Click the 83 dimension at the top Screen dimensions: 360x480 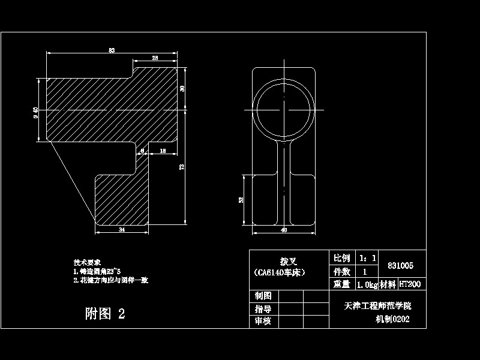(112, 50)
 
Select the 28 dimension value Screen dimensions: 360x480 (155, 58)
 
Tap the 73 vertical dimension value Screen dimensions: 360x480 (181, 167)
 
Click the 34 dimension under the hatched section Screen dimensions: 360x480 (122, 229)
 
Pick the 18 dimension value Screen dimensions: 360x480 (163, 151)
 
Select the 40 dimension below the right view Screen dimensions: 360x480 (284, 229)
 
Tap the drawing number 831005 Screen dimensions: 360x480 (401, 265)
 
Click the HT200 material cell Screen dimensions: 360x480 (410, 284)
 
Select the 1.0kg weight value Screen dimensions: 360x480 (366, 284)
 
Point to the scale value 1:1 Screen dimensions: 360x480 (367, 258)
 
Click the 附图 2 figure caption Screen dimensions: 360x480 (106, 313)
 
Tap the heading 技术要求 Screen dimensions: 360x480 (88, 262)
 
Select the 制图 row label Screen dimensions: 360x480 (263, 296)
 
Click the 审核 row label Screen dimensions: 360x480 (263, 321)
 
